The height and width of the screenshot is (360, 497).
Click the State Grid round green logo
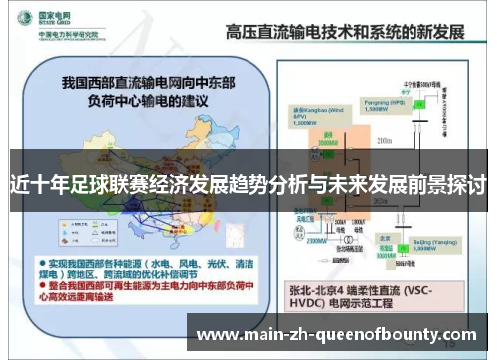click(21, 17)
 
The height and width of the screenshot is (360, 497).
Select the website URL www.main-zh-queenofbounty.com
click(339, 334)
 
